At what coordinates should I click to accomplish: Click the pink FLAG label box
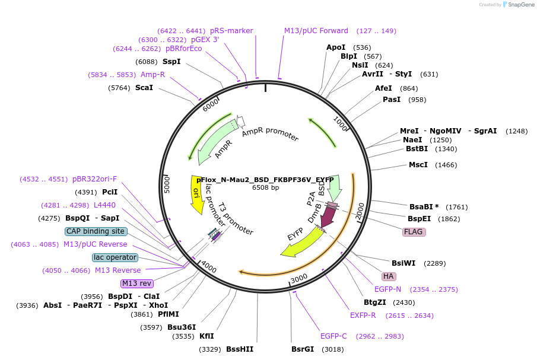pos(414,232)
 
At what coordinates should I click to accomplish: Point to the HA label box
pos(389,276)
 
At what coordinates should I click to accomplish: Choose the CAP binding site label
pos(96,231)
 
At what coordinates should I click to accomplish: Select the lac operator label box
pos(115,257)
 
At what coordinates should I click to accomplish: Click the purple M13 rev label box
pos(136,283)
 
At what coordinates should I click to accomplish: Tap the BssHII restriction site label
pos(240,349)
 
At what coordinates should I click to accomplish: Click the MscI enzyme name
pos(418,165)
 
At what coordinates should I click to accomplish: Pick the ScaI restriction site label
pos(144,88)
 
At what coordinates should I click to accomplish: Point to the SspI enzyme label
pos(171,62)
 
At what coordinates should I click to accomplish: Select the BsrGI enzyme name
pos(303,349)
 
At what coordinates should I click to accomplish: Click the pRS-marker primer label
pos(231,31)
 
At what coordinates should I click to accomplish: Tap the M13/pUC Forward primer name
pos(316,31)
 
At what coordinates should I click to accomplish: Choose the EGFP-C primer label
pos(333,336)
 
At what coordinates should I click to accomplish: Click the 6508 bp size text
pos(265,187)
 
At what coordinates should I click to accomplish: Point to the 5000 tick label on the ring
pos(167,184)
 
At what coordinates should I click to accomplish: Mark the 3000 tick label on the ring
pos(299,279)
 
